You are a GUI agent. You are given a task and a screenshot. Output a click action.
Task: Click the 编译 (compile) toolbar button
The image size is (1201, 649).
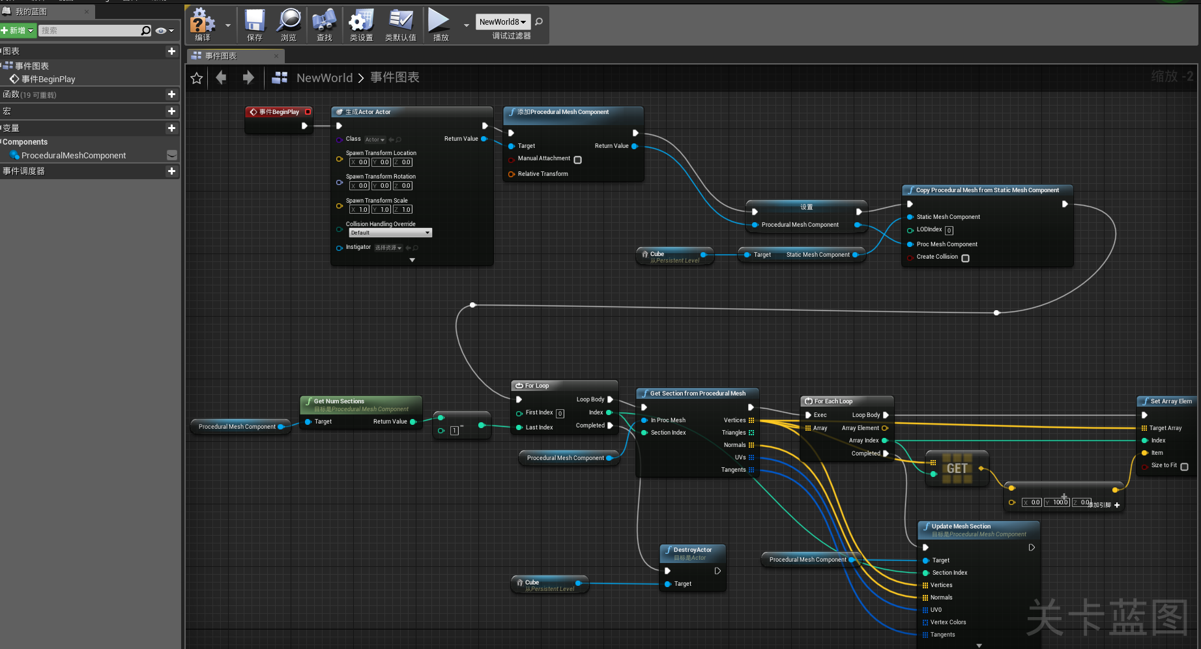click(x=202, y=25)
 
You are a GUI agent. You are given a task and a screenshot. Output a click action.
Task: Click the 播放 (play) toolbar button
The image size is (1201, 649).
click(x=440, y=25)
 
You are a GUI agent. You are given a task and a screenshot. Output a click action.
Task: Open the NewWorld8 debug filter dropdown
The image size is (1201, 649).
click(x=502, y=22)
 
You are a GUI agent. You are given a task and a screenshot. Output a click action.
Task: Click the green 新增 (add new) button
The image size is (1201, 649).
click(x=18, y=31)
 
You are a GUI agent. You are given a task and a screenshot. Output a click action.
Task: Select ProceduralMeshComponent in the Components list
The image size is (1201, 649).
click(x=73, y=156)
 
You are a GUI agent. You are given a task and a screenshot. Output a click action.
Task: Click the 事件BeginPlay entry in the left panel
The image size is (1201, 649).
click(x=48, y=79)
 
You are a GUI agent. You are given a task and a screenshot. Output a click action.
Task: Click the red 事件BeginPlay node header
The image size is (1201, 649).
click(x=278, y=112)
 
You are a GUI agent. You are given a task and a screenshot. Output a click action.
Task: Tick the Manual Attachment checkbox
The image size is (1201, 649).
click(x=577, y=160)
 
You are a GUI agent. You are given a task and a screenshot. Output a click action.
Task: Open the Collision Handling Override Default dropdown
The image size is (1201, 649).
click(x=390, y=233)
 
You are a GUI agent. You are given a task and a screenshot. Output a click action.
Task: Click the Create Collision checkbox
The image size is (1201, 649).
click(x=965, y=258)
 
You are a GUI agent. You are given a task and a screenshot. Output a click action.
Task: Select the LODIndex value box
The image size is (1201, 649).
click(x=949, y=230)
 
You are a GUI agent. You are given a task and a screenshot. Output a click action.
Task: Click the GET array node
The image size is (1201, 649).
click(x=957, y=469)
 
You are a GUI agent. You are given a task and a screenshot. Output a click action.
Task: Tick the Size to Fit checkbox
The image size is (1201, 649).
click(x=1184, y=467)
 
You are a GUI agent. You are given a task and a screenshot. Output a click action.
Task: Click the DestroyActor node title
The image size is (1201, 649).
click(x=692, y=550)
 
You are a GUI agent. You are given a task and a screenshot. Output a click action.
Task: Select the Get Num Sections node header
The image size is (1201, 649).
click(x=339, y=401)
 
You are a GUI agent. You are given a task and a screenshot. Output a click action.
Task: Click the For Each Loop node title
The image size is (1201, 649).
click(x=833, y=401)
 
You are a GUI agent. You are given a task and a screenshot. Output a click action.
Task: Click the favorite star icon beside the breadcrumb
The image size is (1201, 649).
click(x=196, y=78)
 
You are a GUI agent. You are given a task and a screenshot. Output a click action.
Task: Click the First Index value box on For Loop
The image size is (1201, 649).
click(x=560, y=413)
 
